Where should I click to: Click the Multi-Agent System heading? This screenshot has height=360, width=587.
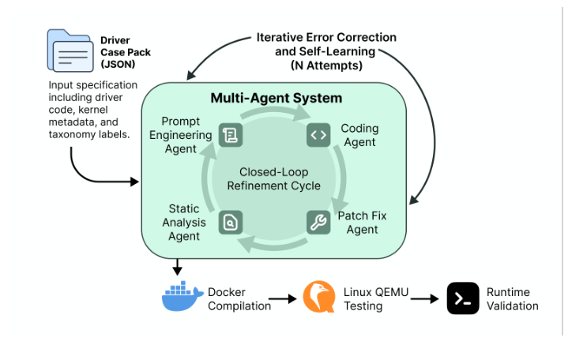click(276, 99)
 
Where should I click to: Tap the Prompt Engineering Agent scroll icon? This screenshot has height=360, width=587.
click(230, 135)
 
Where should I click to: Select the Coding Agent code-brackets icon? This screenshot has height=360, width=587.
click(318, 135)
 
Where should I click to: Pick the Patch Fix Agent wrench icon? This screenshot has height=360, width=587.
click(318, 223)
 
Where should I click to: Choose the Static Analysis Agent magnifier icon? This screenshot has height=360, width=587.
click(230, 223)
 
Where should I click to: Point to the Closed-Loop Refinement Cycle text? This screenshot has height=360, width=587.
click(273, 178)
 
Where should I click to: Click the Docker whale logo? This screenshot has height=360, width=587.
click(182, 297)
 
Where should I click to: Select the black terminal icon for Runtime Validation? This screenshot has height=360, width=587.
click(463, 298)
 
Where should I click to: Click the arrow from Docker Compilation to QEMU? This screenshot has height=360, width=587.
click(281, 299)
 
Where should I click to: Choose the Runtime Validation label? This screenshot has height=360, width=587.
click(512, 299)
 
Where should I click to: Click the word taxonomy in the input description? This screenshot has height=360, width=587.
click(68, 135)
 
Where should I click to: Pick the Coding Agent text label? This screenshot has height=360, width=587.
click(359, 135)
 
